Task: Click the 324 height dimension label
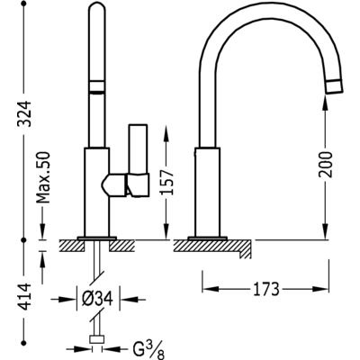[25, 113]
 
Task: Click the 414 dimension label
[25, 297]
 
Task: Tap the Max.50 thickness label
[42, 177]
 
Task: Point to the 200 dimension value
[326, 165]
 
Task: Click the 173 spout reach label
[266, 289]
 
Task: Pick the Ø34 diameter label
[97, 299]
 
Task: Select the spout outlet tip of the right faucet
[334, 88]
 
